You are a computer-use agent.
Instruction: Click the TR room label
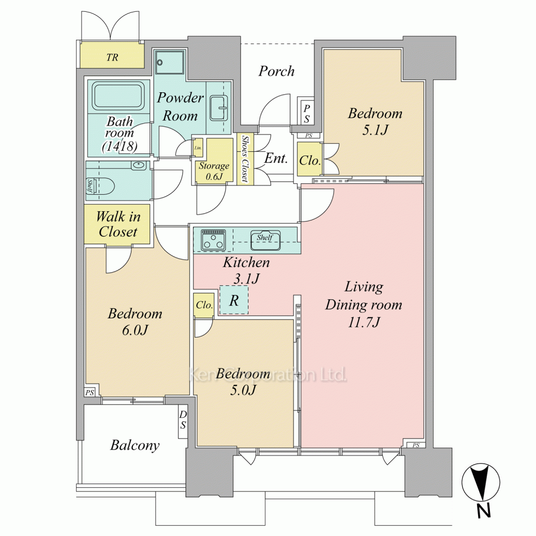click(112, 57)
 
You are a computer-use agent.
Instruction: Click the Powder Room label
click(180, 107)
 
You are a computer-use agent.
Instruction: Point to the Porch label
click(276, 71)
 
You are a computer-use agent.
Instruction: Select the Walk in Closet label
click(118, 224)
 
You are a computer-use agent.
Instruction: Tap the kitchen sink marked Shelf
click(266, 240)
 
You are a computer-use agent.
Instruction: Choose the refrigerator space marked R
click(234, 300)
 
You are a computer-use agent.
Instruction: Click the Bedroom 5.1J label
click(375, 121)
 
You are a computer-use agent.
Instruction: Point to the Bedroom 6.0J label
click(135, 322)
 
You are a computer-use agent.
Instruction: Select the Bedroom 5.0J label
click(243, 382)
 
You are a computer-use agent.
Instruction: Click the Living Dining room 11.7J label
click(363, 304)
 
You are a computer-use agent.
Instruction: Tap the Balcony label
click(135, 445)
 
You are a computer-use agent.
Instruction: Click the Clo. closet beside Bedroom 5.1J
click(310, 160)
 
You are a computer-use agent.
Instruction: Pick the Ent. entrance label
click(276, 158)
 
